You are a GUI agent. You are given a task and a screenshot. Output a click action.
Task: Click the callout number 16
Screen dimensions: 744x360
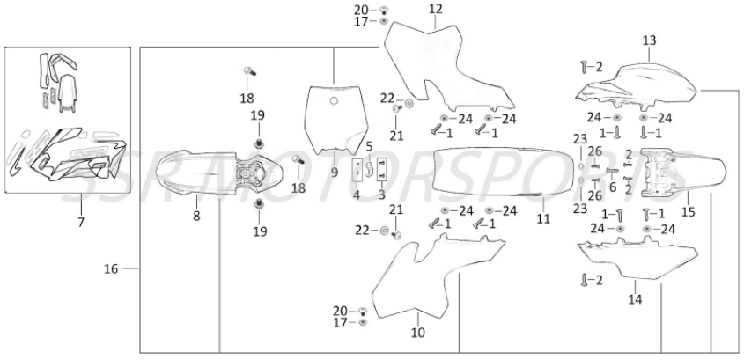pyautogui.click(x=111, y=269)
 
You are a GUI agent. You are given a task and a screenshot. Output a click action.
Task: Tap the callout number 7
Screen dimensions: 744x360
pyautogui.click(x=81, y=222)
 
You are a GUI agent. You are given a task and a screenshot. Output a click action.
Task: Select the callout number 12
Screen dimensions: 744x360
pyautogui.click(x=435, y=9)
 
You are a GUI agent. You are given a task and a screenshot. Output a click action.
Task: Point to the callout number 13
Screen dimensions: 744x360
pyautogui.click(x=649, y=40)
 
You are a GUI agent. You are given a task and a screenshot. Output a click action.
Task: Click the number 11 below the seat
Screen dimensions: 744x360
pyautogui.click(x=543, y=218)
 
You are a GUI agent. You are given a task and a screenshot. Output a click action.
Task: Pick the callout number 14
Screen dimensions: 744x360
pyautogui.click(x=636, y=299)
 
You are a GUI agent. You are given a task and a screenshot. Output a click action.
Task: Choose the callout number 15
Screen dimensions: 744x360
pyautogui.click(x=688, y=212)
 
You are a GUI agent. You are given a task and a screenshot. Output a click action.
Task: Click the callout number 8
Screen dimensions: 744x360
pyautogui.click(x=196, y=217)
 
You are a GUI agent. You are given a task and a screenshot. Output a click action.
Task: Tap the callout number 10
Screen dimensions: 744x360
pyautogui.click(x=418, y=333)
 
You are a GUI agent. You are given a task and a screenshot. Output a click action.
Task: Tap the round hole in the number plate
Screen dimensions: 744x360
pyautogui.click(x=334, y=100)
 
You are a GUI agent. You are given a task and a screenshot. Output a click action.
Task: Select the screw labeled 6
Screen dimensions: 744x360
pyautogui.click(x=611, y=170)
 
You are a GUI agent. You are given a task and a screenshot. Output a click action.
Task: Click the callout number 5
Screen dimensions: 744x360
pyautogui.click(x=369, y=145)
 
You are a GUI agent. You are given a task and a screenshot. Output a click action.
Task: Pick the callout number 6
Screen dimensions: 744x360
pyautogui.click(x=613, y=187)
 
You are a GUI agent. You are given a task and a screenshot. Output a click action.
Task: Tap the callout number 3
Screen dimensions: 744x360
pyautogui.click(x=382, y=194)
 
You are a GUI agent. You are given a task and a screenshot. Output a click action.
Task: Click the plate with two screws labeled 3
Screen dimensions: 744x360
pyautogui.click(x=382, y=170)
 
